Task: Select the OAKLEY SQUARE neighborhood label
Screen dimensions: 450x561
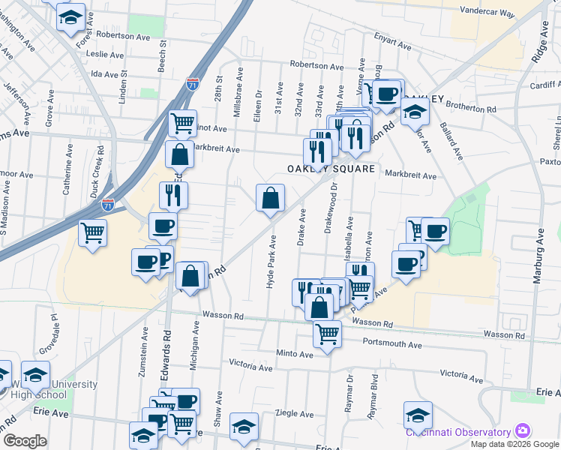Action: [x=331, y=169]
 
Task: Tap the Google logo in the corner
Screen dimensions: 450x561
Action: [x=25, y=440]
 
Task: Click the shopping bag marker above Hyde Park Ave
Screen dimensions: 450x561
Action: [x=271, y=199]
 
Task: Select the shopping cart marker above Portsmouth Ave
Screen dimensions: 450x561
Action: [x=327, y=333]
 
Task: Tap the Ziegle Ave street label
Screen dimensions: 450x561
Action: [x=295, y=413]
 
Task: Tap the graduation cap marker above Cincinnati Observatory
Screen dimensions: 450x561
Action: [x=418, y=413]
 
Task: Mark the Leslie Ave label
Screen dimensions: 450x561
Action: [x=106, y=55]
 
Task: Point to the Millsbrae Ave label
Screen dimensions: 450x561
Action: [x=240, y=87]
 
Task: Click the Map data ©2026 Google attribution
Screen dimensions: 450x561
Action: [x=514, y=443]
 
